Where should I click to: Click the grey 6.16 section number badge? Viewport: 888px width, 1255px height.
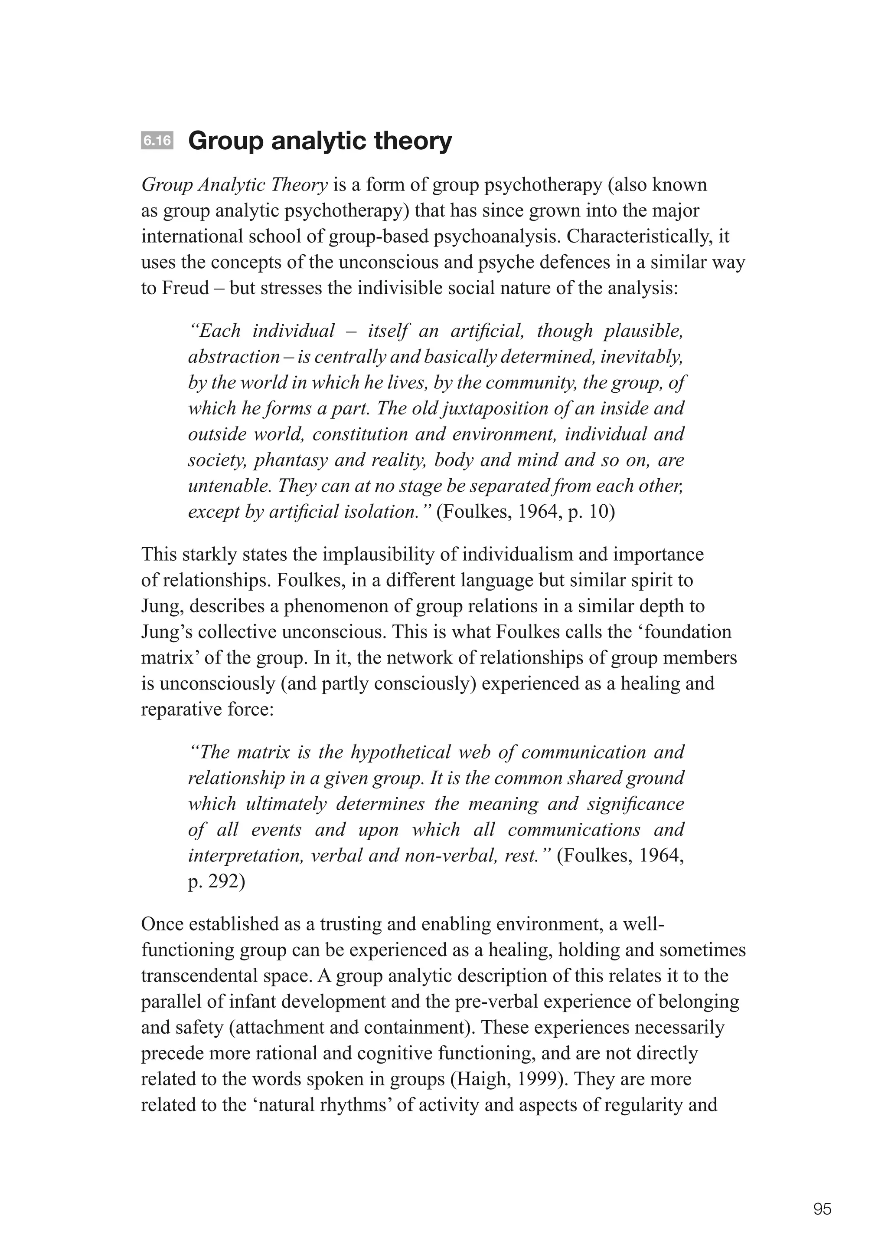157,141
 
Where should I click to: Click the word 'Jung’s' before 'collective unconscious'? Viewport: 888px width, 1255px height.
167,632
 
